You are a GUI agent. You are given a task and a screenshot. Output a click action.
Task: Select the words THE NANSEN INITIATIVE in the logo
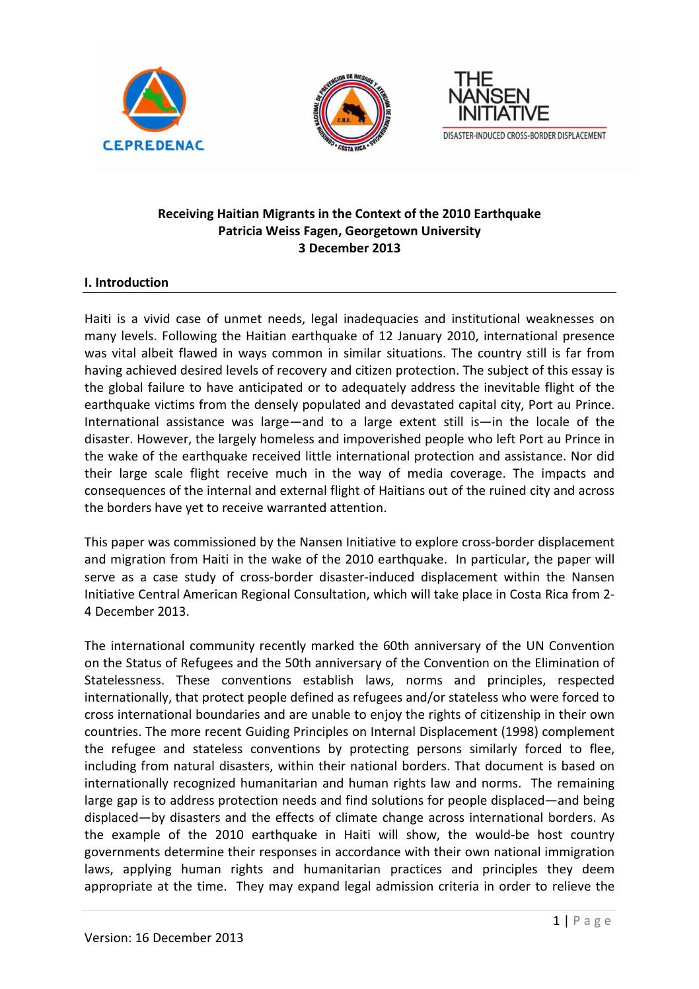click(499, 96)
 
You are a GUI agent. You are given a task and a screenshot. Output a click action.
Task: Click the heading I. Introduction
click(126, 283)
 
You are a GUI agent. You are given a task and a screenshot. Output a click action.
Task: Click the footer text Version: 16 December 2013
click(164, 937)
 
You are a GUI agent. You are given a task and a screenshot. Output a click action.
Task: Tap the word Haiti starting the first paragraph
click(98, 319)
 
